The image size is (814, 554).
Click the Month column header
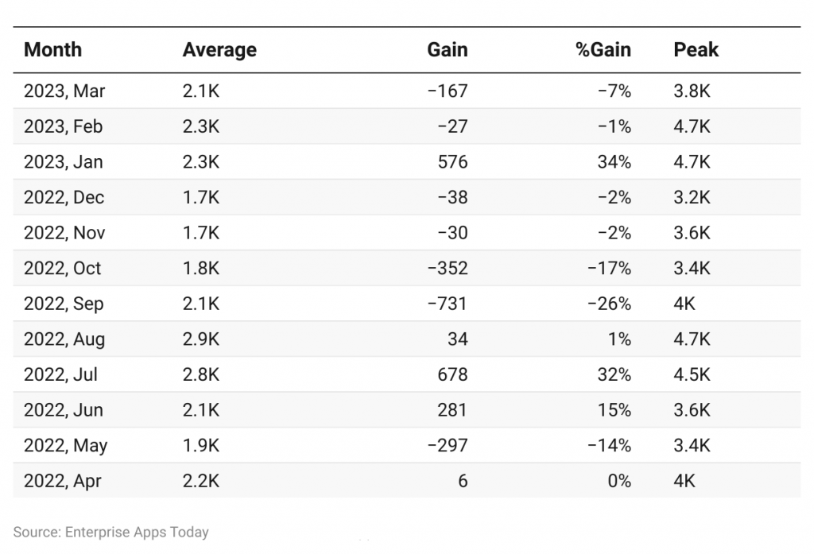point(52,50)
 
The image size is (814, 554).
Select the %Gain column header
point(603,50)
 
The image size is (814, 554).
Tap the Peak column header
point(696,50)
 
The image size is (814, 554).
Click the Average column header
point(219,50)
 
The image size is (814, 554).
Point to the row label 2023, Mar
point(64,91)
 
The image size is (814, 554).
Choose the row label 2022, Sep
point(64,304)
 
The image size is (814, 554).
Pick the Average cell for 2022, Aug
point(201,340)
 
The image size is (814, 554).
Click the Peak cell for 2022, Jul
point(692,375)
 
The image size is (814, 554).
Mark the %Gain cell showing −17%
point(609,269)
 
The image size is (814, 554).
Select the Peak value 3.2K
point(692,198)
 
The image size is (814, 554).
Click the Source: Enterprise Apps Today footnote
point(111,532)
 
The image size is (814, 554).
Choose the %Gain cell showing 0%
point(618,482)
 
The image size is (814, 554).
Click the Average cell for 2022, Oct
point(201,269)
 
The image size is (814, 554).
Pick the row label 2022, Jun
point(64,411)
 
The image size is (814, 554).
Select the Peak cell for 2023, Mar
point(692,91)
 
